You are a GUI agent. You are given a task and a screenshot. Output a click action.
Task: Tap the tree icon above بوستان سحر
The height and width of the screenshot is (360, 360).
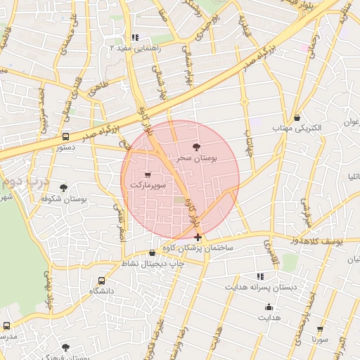[196, 147]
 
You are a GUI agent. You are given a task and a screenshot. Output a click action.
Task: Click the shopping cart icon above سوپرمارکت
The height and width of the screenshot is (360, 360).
[148, 174]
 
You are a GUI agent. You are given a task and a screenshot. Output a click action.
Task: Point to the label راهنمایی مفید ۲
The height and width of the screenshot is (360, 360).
[136, 49]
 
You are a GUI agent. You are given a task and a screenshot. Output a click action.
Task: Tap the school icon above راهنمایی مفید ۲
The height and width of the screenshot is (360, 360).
[135, 37]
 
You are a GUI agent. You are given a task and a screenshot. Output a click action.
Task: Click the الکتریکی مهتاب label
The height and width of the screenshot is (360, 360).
[297, 129]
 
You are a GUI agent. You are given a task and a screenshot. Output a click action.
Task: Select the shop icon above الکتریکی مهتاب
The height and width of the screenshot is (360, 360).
[297, 117]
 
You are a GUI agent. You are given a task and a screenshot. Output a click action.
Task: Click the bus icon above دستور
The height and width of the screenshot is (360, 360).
[65, 137]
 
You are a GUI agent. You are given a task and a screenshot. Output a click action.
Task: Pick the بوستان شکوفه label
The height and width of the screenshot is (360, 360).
[63, 199]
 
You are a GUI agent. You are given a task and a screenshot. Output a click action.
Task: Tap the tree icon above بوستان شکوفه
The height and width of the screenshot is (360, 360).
[64, 188]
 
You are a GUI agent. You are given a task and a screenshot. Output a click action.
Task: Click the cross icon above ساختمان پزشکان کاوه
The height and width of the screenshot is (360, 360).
[198, 238]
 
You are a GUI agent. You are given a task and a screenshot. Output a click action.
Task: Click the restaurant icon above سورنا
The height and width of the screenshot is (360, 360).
[321, 328]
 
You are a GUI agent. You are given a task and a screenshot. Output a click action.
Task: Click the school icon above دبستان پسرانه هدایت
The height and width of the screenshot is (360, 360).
[260, 276]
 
